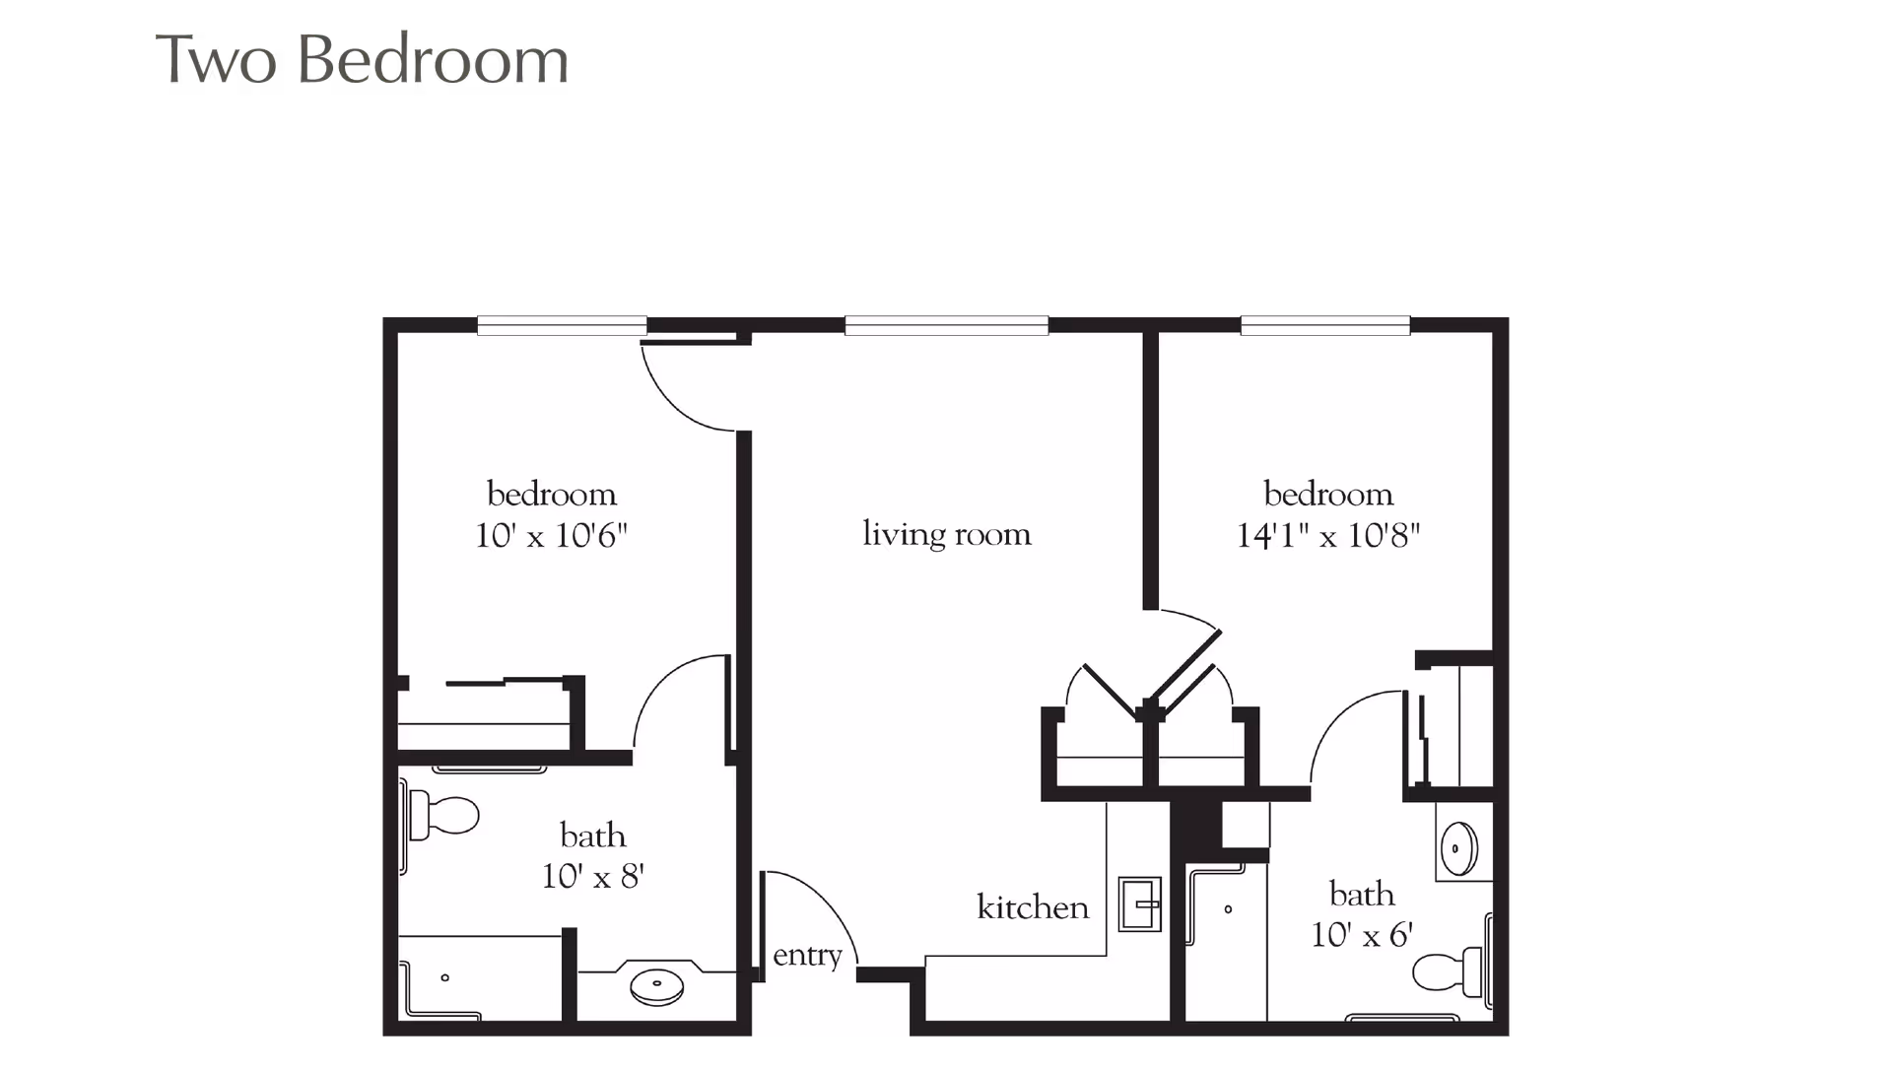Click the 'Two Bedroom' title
(363, 61)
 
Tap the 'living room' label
(947, 534)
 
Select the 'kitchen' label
(1033, 907)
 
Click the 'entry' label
(807, 956)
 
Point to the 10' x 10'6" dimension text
(552, 537)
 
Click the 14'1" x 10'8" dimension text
(1328, 537)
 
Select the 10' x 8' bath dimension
(593, 876)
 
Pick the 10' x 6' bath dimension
(1362, 934)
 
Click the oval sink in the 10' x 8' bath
(657, 985)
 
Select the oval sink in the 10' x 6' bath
(1457, 846)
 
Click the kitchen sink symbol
(1140, 903)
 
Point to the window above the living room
(946, 324)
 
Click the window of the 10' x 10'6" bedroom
(562, 324)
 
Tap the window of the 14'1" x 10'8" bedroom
(1325, 324)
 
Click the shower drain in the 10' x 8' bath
(445, 977)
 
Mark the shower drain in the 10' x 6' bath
(1228, 909)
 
